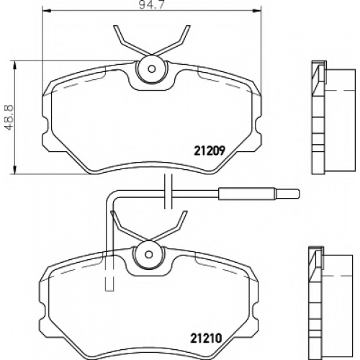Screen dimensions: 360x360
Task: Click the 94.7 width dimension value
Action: click(152, 5)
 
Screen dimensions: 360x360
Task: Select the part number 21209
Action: click(210, 150)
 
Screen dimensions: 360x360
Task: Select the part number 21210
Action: click(206, 338)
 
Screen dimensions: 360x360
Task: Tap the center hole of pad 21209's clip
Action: click(152, 69)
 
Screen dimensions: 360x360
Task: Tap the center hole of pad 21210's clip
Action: click(149, 254)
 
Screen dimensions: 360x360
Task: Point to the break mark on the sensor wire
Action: click(168, 191)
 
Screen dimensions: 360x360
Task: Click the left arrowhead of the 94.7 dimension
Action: click(45, 10)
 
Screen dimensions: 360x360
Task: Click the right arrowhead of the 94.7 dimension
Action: click(258, 10)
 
